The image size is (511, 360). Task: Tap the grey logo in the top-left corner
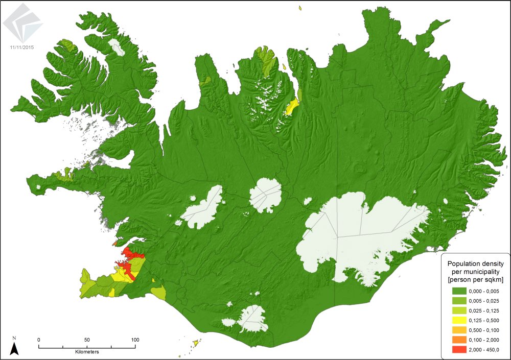point(22,25)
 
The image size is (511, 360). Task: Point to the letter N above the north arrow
point(15,338)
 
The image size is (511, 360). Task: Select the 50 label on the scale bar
point(87,340)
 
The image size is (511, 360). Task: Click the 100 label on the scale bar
point(135,340)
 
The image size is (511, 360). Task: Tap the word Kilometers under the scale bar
point(87,352)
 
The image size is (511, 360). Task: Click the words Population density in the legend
point(476,263)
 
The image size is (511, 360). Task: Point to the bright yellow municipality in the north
point(292,107)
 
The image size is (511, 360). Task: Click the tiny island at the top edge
point(299,7)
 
